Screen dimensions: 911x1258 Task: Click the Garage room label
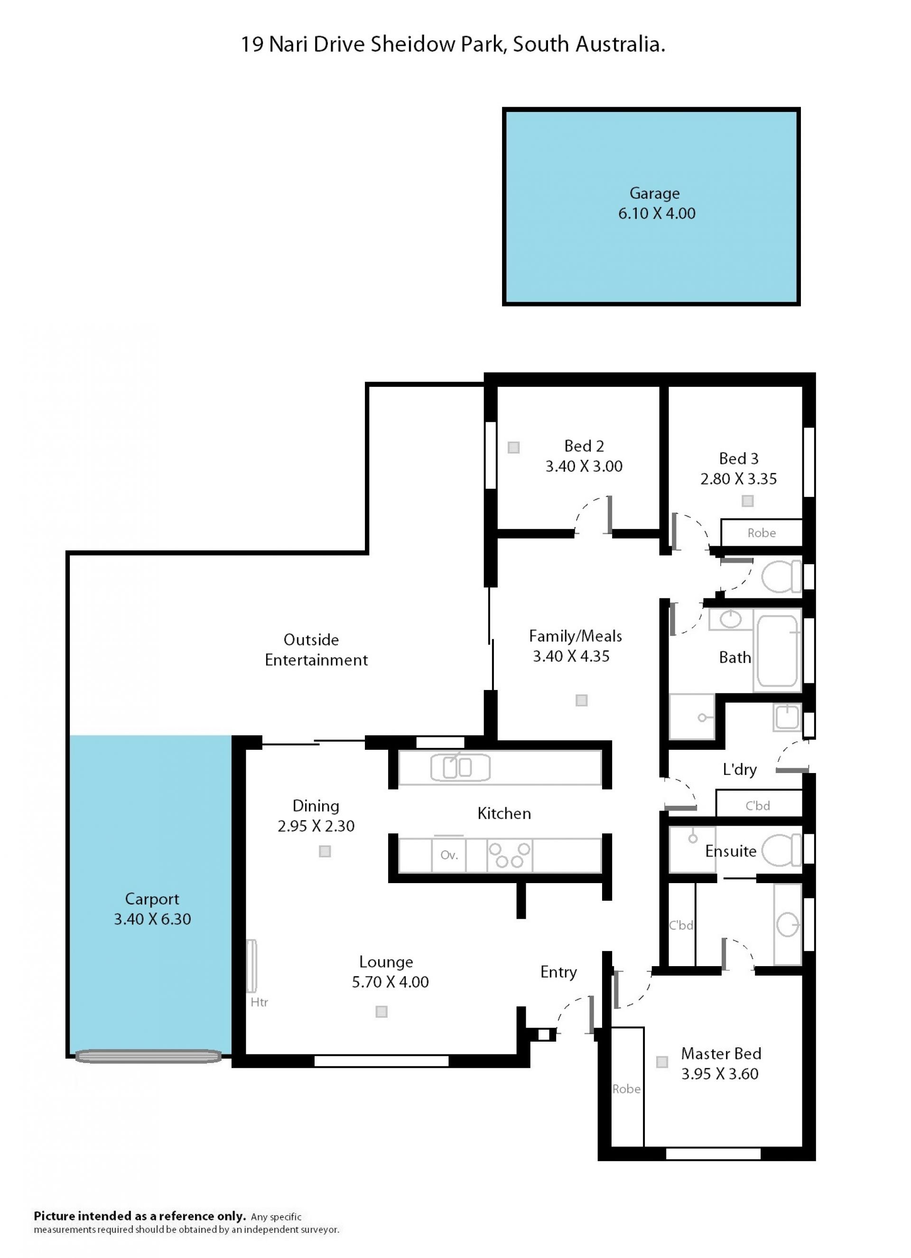coord(654,194)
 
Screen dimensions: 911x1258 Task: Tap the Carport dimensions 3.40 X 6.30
coord(152,919)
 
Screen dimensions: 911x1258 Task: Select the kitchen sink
coord(460,768)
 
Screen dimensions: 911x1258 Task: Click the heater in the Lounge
coord(252,965)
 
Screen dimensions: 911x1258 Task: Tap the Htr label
coord(259,1002)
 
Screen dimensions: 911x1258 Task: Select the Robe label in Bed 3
coord(761,533)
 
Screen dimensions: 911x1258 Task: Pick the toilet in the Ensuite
coord(782,850)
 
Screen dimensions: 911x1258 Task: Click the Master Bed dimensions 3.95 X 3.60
coord(720,1073)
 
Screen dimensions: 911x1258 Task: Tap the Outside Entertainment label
coord(316,650)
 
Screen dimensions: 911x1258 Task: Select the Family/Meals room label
coord(576,636)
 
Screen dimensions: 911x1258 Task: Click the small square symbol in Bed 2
coord(513,447)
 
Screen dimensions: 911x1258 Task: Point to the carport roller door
coord(149,1056)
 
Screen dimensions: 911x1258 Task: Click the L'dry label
coord(740,769)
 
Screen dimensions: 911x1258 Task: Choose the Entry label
coord(558,972)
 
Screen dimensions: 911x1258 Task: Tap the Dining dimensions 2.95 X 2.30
coord(316,826)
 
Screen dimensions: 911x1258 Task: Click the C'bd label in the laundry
coord(757,805)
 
